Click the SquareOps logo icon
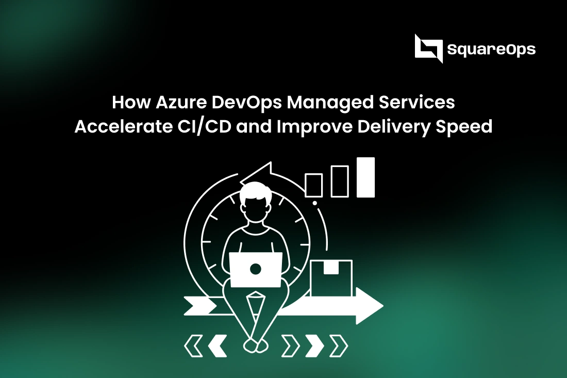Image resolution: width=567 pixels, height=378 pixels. click(x=428, y=48)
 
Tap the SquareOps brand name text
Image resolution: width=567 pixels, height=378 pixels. click(x=491, y=50)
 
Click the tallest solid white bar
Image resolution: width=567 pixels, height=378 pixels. click(x=365, y=177)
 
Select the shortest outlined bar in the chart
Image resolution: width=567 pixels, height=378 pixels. click(x=314, y=185)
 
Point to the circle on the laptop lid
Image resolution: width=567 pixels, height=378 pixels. click(x=256, y=269)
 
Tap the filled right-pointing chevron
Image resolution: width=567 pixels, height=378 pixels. click(x=314, y=344)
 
